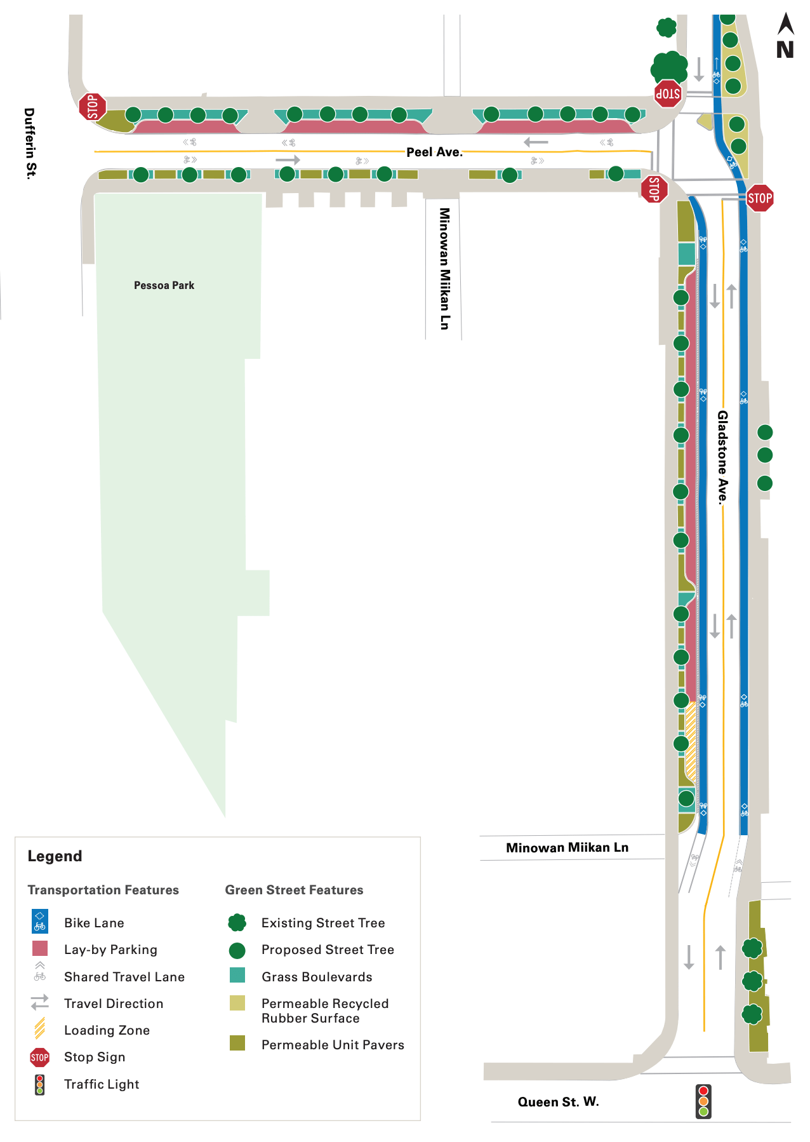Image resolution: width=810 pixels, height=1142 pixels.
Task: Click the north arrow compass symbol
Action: (785, 37)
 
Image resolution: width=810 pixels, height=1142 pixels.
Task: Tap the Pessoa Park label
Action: (164, 285)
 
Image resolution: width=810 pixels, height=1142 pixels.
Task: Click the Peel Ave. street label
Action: (434, 152)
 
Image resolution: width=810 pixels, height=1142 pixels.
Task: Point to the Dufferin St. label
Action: (30, 143)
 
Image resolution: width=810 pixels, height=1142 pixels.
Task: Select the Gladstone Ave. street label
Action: (722, 457)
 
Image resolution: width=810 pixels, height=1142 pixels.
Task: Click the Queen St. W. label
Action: (558, 1101)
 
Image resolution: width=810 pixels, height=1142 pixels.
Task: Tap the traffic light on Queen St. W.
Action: (703, 1101)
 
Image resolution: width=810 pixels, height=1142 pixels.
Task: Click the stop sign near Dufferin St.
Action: (93, 106)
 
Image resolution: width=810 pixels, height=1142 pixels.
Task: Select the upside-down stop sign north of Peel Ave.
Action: (668, 93)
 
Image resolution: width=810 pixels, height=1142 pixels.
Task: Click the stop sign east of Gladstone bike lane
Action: (759, 198)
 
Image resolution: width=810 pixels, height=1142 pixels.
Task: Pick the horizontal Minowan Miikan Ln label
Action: (567, 847)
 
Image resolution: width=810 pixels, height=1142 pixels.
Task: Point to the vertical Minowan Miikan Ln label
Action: (444, 268)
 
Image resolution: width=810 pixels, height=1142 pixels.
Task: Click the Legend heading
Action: (55, 856)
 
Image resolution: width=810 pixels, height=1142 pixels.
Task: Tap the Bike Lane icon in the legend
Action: (40, 922)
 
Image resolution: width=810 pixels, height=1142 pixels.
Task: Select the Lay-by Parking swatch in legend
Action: (40, 948)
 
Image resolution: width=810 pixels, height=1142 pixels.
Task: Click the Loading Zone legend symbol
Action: (40, 1028)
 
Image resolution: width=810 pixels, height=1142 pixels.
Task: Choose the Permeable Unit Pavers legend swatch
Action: (237, 1043)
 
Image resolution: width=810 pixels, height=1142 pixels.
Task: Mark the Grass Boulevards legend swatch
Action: (237, 975)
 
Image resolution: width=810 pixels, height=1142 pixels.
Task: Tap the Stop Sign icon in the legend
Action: (40, 1057)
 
